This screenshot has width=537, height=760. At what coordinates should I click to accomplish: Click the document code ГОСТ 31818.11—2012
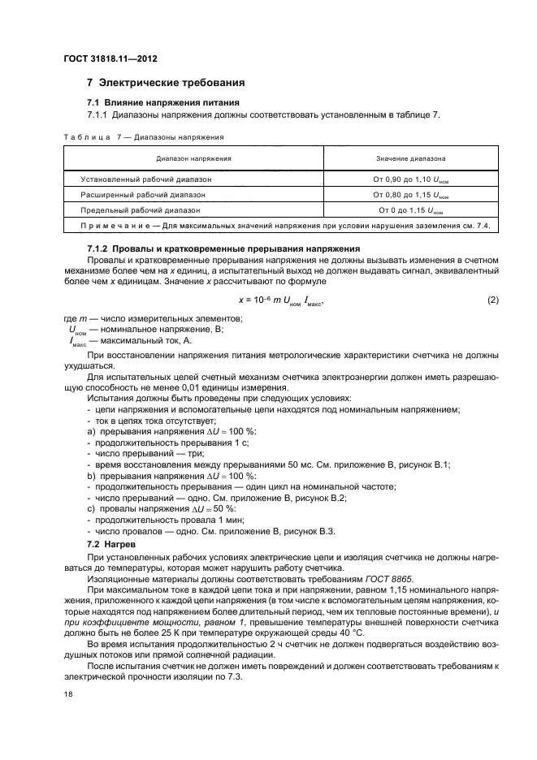110,59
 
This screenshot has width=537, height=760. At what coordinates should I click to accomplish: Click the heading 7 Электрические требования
161,83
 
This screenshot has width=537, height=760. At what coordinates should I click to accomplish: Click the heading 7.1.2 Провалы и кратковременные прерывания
223,248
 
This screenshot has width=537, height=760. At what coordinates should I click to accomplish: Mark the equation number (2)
492,300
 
